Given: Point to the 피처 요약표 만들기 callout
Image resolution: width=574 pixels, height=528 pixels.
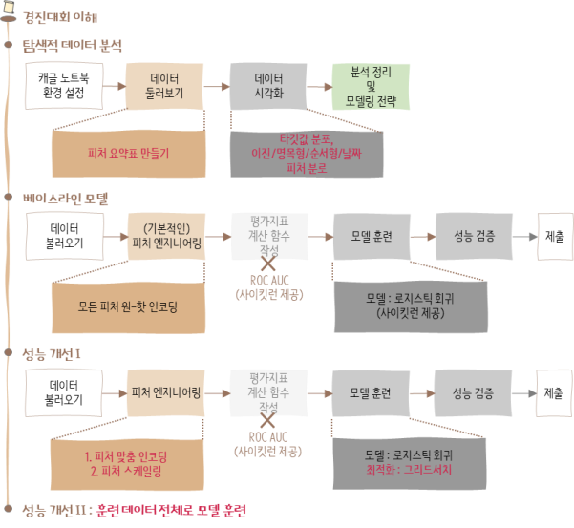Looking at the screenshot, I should pyautogui.click(x=127, y=154).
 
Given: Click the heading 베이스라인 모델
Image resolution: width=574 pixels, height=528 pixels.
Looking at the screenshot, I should pyautogui.click(x=67, y=199).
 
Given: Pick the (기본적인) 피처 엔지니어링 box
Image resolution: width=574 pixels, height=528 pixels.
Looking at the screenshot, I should pyautogui.click(x=166, y=236).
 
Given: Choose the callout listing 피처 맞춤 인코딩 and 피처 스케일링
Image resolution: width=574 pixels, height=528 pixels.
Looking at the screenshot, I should pyautogui.click(x=127, y=464).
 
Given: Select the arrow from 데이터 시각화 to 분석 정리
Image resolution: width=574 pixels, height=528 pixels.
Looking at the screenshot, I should pyautogui.click(x=317, y=86).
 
